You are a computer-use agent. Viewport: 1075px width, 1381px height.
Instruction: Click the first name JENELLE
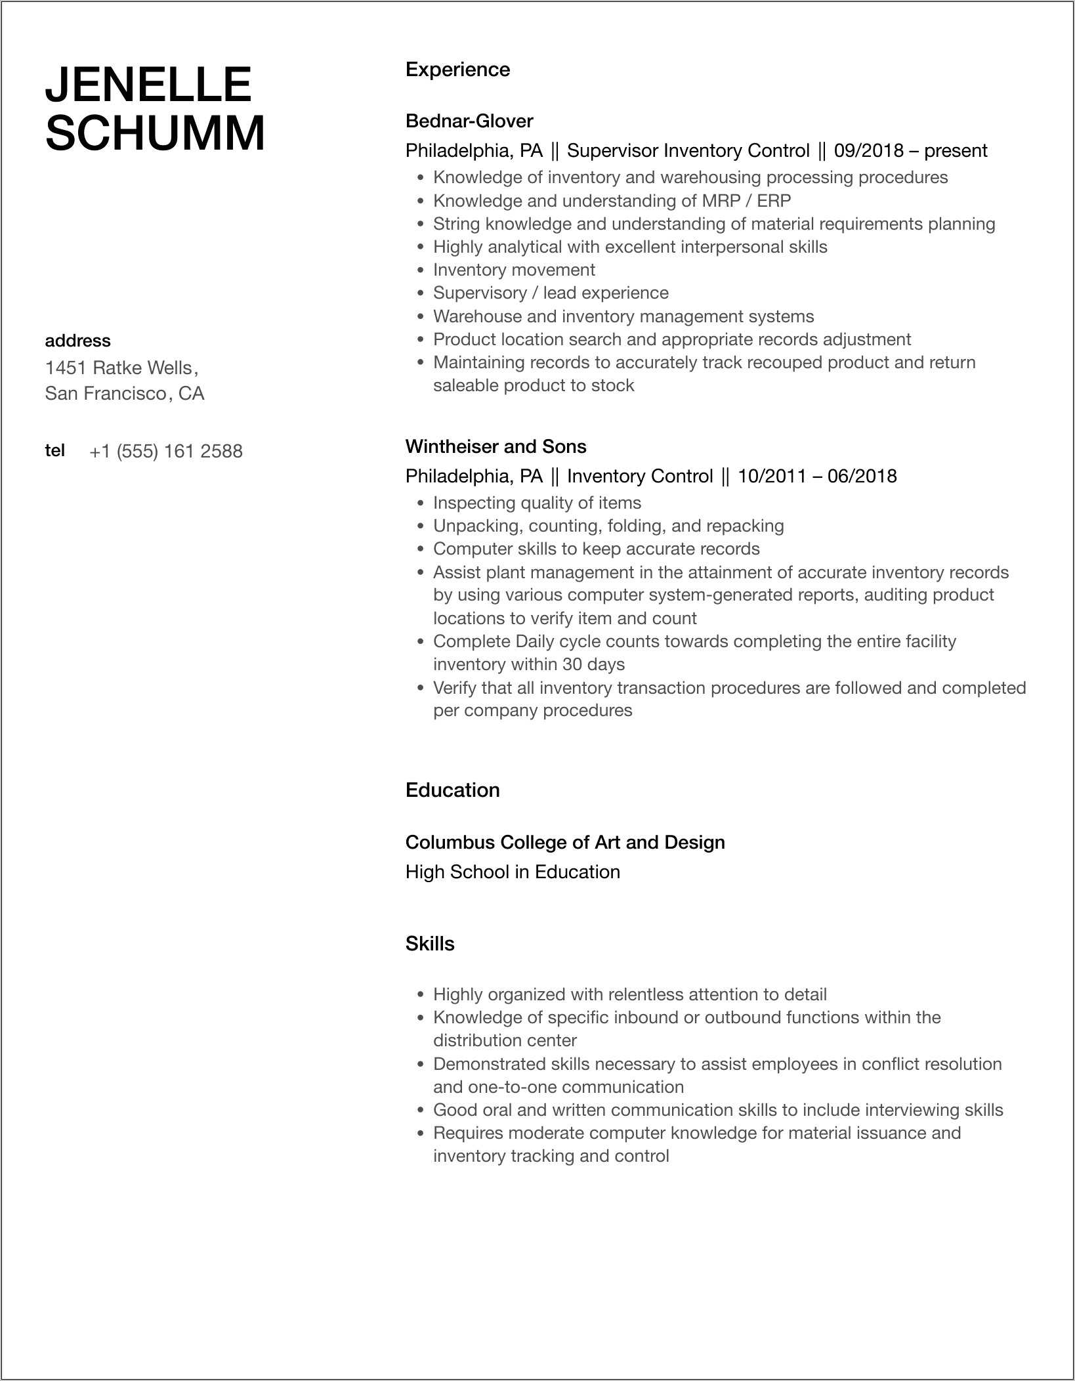(148, 85)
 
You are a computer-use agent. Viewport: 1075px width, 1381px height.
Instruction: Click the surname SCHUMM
(155, 134)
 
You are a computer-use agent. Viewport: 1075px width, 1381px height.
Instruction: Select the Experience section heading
(457, 70)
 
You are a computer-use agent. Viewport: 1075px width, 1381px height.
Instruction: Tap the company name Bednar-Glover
(469, 121)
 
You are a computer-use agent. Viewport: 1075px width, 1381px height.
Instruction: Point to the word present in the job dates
(956, 151)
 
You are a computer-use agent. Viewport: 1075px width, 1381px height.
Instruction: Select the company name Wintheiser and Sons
(495, 446)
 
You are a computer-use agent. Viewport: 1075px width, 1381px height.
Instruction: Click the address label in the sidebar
(77, 341)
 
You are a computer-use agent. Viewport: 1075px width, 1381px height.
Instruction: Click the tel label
(54, 450)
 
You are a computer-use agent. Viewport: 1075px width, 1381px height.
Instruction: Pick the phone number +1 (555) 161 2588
(166, 451)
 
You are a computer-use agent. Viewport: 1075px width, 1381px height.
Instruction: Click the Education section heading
(452, 790)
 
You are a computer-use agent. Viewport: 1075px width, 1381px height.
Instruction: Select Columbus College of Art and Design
(565, 842)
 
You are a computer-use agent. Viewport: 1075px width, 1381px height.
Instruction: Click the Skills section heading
(430, 943)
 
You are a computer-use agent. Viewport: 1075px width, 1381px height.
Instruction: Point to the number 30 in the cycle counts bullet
(572, 664)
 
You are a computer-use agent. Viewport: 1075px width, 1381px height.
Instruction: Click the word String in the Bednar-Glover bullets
(457, 224)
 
